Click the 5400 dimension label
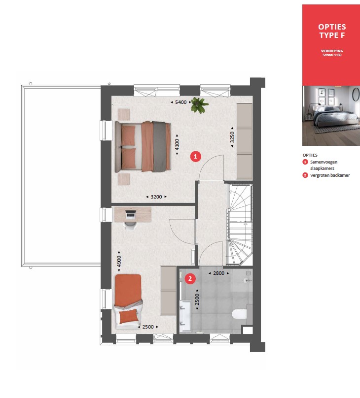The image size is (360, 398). click(180, 102)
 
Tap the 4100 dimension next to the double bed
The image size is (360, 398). click(177, 145)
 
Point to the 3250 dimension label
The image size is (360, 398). click(232, 137)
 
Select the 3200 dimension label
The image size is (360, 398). click(156, 197)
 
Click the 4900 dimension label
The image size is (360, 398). click(119, 262)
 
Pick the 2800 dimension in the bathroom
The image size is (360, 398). click(219, 273)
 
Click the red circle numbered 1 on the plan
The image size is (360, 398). click(196, 156)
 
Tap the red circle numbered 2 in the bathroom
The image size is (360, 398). click(190, 279)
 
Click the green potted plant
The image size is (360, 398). click(199, 105)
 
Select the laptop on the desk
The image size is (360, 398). click(131, 214)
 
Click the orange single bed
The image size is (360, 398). click(128, 301)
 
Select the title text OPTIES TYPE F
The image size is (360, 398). click(332, 31)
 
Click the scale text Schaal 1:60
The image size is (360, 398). click(332, 55)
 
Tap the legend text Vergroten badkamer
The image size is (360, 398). click(330, 175)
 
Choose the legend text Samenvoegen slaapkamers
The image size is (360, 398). click(324, 165)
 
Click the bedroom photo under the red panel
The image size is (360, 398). click(331, 116)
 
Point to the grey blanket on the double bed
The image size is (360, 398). click(160, 147)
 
